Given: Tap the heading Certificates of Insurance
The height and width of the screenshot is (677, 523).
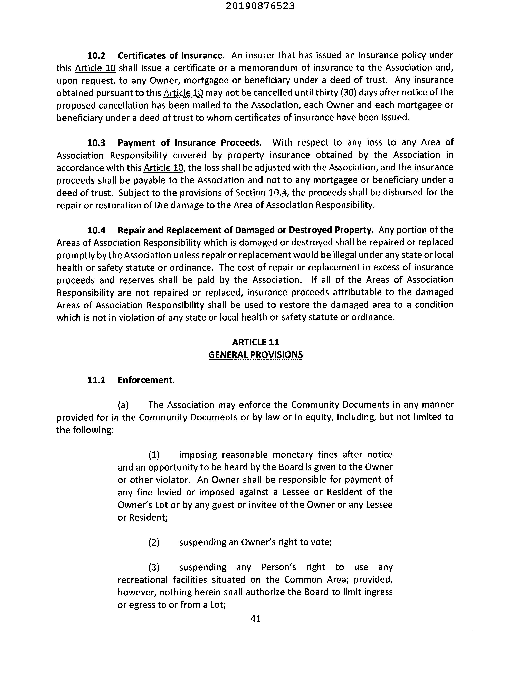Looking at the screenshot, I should pos(171,55).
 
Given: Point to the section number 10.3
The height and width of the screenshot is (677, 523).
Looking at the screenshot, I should pos(96,143).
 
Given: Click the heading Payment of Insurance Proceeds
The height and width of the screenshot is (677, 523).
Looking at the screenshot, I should pos(190,143).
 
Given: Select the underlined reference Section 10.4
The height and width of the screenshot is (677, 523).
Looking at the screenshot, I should pos(261,193).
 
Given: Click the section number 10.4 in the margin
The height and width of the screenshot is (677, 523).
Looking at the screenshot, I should pos(96,230).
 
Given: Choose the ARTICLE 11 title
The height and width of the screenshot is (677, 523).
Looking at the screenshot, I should pos(256,342).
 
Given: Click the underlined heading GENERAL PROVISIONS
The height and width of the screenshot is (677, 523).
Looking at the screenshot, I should pos(256,355).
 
